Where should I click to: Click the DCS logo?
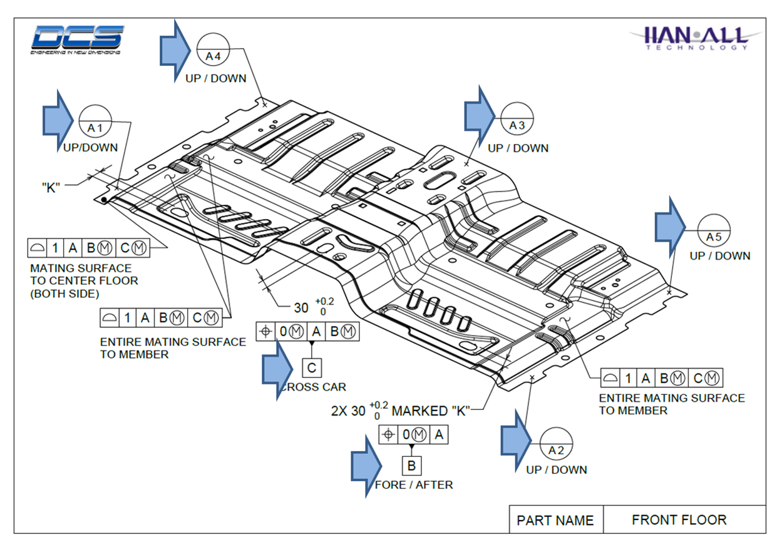(77, 38)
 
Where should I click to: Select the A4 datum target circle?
(214, 50)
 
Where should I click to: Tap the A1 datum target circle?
(95, 121)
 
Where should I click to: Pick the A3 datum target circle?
(517, 119)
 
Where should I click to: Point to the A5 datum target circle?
(714, 231)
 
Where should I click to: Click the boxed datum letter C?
(311, 367)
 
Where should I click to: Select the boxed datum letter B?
(411, 466)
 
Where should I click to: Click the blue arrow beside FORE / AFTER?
(366, 466)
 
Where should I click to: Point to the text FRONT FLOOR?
(679, 519)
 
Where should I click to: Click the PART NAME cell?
(555, 520)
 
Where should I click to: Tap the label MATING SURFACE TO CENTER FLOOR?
(84, 280)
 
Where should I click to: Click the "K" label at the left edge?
(51, 187)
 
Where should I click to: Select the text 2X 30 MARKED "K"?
(401, 411)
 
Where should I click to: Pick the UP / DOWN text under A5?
(720, 255)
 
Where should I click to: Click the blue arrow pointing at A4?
(175, 50)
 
